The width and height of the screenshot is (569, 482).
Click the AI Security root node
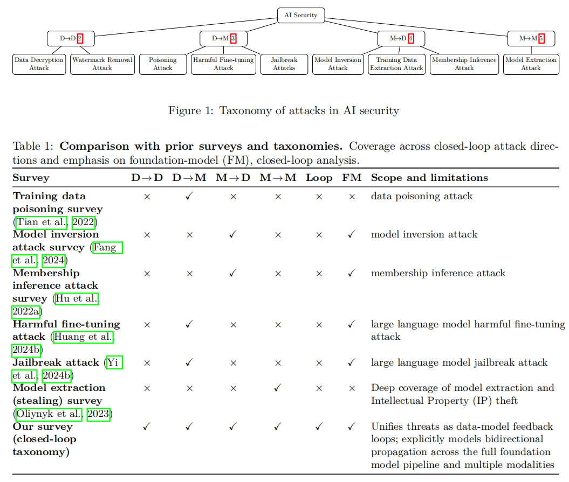click(301, 15)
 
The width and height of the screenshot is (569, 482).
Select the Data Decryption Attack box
click(39, 64)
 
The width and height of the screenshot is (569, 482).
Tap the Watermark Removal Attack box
click(102, 64)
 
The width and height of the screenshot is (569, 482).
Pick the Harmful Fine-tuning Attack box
click(223, 64)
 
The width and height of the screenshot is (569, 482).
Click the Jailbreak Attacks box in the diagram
click(284, 64)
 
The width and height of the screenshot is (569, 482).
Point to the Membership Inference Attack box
click(464, 64)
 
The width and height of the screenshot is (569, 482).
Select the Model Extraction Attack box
click(531, 64)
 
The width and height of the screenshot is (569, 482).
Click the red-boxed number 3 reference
click(234, 38)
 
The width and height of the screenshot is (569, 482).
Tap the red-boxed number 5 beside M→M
click(541, 38)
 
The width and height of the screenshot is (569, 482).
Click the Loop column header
click(319, 178)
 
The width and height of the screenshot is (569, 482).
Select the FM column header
click(352, 178)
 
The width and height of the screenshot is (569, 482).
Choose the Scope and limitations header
click(429, 178)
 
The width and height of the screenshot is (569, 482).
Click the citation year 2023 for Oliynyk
click(98, 414)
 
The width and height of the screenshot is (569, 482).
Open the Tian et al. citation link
click(42, 222)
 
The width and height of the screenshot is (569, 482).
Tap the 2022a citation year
click(26, 311)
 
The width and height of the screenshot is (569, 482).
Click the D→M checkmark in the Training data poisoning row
click(189, 196)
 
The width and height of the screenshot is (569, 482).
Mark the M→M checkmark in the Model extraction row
click(278, 388)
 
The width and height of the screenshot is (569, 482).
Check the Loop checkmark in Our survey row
click(319, 427)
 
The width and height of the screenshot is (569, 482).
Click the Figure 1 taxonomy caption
click(284, 110)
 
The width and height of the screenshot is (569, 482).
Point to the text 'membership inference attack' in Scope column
click(438, 273)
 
